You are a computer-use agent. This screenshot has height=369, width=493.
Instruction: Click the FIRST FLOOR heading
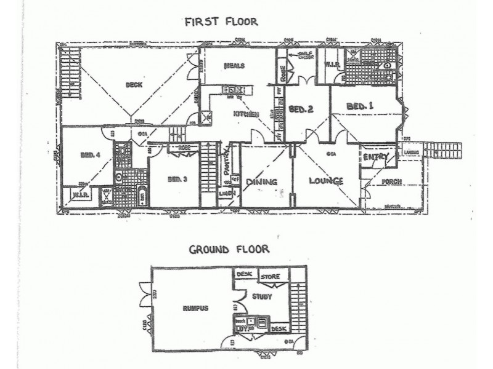[221, 23]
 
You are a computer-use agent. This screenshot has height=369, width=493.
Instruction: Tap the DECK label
[134, 85]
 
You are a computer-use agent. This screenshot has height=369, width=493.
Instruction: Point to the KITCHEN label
[245, 114]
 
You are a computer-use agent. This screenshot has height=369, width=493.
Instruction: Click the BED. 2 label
[302, 109]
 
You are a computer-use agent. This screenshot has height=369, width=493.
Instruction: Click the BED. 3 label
[177, 179]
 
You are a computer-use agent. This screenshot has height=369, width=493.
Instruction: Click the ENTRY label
[375, 158]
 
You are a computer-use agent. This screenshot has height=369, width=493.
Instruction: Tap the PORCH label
[392, 181]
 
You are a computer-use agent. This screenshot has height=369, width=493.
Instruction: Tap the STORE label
[270, 277]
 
